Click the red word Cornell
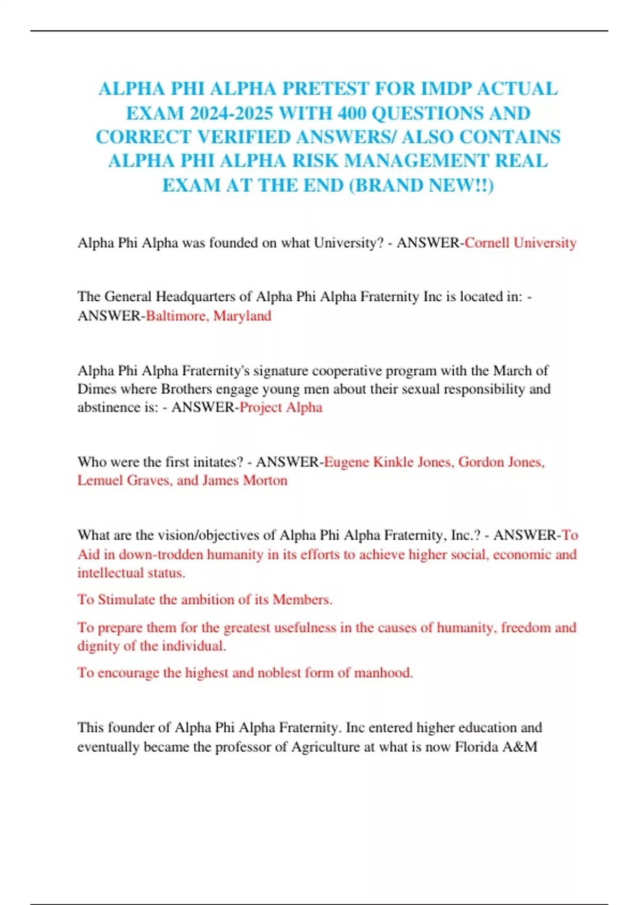pyautogui.click(x=487, y=243)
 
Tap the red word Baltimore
pyautogui.click(x=176, y=316)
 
